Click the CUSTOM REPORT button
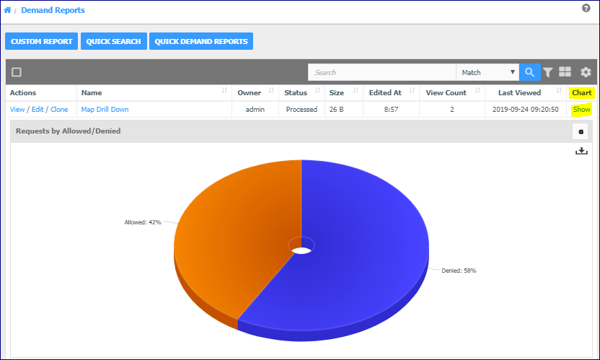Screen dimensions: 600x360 point(41,41)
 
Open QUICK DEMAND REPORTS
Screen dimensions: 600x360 point(201,41)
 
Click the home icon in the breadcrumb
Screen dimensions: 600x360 point(7,10)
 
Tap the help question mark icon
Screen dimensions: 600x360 point(586,8)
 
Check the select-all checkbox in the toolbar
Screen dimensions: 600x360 point(17,72)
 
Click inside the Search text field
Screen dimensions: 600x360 point(381,72)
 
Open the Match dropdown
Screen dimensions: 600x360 point(487,72)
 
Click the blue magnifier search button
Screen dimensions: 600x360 point(529,72)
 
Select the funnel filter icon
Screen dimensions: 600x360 point(548,72)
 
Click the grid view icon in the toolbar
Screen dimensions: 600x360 point(565,72)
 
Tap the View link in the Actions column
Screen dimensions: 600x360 point(17,110)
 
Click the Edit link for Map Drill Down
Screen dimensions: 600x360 point(37,110)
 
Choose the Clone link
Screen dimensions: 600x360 point(59,110)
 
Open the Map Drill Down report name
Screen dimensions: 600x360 point(105,110)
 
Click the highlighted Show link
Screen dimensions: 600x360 point(582,110)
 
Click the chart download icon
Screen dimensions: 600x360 point(581,151)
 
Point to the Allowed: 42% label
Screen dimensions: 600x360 point(143,222)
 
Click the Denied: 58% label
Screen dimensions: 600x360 point(459,271)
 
